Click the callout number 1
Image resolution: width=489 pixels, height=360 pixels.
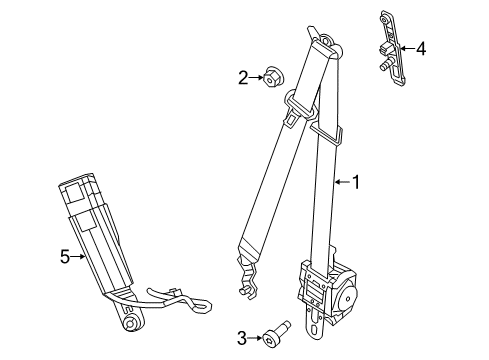click(x=357, y=181)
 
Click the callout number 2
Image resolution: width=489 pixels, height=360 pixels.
click(x=242, y=76)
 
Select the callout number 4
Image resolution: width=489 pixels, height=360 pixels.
click(x=421, y=46)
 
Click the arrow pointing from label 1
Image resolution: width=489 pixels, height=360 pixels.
click(x=340, y=181)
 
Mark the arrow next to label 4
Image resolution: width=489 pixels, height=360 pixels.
click(x=407, y=46)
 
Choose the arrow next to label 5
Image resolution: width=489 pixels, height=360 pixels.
click(x=81, y=257)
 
